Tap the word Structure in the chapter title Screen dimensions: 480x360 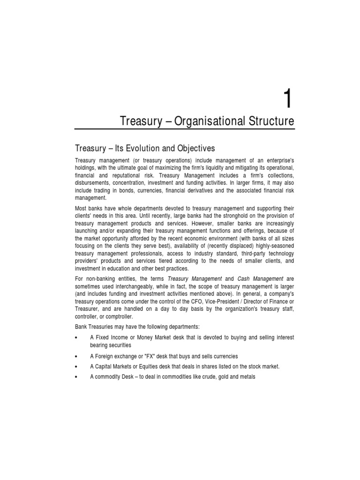click(270, 121)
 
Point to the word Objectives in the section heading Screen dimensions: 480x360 click(193, 149)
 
